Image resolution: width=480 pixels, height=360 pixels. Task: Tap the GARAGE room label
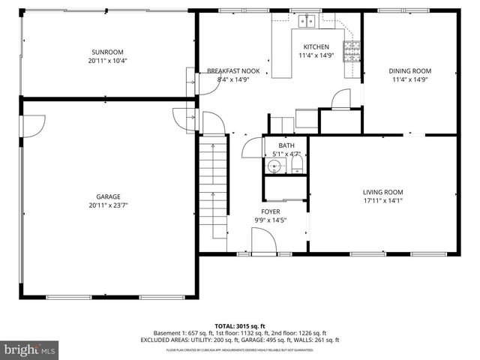pyautogui.click(x=108, y=196)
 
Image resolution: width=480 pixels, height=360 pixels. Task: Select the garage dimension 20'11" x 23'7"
pyautogui.click(x=108, y=205)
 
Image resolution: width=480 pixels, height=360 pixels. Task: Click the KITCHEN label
pyautogui.click(x=314, y=46)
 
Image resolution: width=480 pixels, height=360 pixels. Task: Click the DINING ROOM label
pyautogui.click(x=409, y=70)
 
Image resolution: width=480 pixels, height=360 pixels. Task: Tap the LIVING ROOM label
pyautogui.click(x=383, y=192)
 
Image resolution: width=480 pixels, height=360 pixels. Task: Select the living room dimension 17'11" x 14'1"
pyautogui.click(x=383, y=200)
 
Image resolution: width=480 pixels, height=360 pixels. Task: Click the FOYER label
pyautogui.click(x=270, y=212)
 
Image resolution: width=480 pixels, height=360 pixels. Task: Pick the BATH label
pyautogui.click(x=286, y=145)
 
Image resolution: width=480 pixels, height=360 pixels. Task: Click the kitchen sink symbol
pyautogui.click(x=307, y=22)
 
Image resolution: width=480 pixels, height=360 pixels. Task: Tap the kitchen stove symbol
pyautogui.click(x=351, y=52)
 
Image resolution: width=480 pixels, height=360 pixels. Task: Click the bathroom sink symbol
pyautogui.click(x=275, y=165)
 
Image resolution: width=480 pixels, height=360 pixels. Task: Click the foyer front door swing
pyautogui.click(x=262, y=241)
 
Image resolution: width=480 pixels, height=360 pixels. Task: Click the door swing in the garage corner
pyautogui.click(x=34, y=124)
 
